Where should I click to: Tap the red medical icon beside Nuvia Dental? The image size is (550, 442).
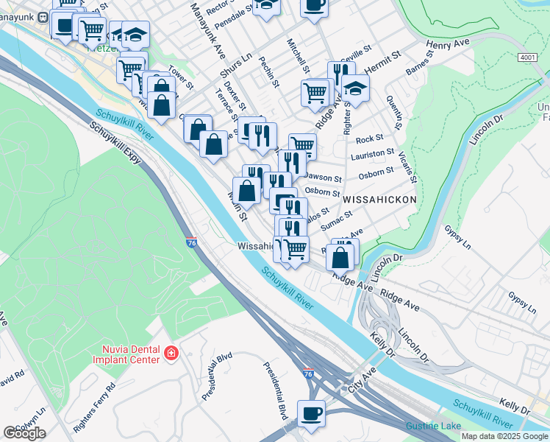click(171, 354)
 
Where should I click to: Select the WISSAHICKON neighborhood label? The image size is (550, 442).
click(379, 199)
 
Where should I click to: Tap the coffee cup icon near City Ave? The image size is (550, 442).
click(311, 413)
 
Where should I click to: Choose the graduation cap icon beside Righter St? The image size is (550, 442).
click(355, 88)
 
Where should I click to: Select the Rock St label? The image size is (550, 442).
click(369, 138)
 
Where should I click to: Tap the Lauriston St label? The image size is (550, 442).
click(373, 154)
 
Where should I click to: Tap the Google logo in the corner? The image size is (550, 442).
click(24, 432)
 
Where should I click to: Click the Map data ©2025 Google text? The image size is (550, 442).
click(504, 436)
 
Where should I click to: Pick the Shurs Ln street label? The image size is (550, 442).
click(236, 65)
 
